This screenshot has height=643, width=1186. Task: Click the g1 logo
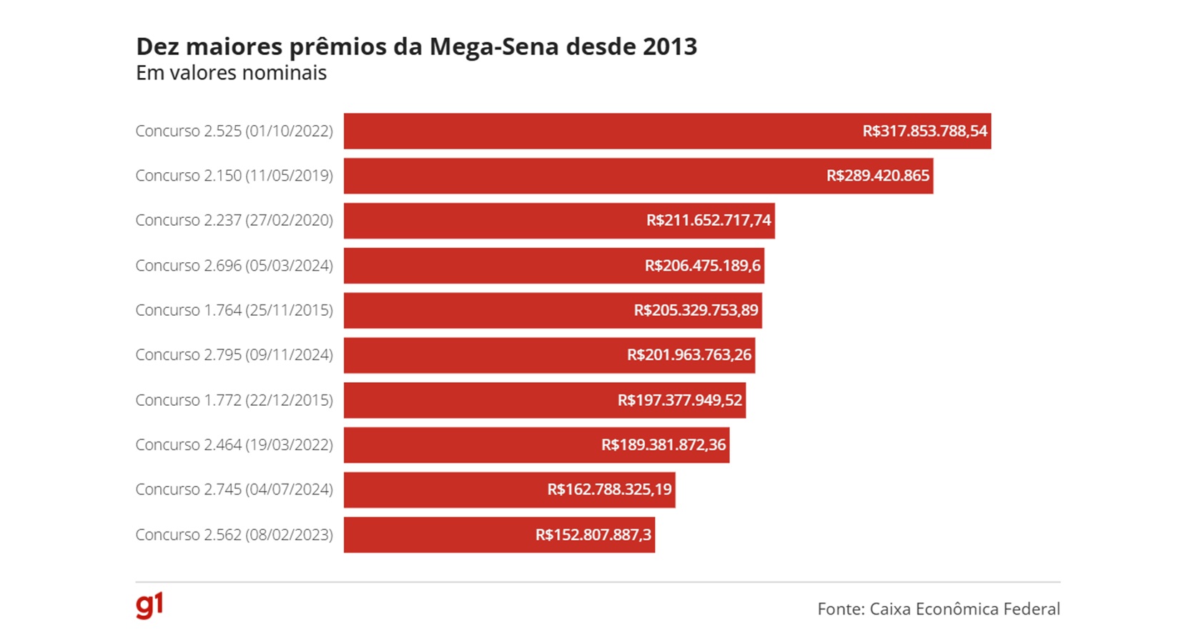[x=149, y=605]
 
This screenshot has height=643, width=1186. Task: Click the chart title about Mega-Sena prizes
[x=416, y=46]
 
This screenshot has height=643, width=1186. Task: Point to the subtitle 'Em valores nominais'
[x=231, y=73]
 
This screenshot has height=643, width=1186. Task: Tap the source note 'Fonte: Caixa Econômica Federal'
[x=938, y=609]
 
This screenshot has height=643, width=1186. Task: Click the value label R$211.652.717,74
[x=708, y=220]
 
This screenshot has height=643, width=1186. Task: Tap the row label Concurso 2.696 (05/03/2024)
[x=234, y=266]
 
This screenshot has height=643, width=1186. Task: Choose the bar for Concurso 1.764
[x=486, y=310]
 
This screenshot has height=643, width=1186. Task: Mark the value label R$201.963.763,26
[x=689, y=355]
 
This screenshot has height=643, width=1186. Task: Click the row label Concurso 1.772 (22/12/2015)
[x=234, y=400]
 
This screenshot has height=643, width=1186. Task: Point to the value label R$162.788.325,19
[x=609, y=489]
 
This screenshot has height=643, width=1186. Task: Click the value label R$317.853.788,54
[x=924, y=131]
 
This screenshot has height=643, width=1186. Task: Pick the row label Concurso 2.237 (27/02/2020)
[x=234, y=220]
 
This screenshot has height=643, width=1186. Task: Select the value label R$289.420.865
[x=878, y=176]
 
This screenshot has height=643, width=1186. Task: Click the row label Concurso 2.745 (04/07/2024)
[x=234, y=489]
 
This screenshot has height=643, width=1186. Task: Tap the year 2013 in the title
[x=669, y=46]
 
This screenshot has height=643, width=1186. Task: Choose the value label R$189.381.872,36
[x=663, y=445]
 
